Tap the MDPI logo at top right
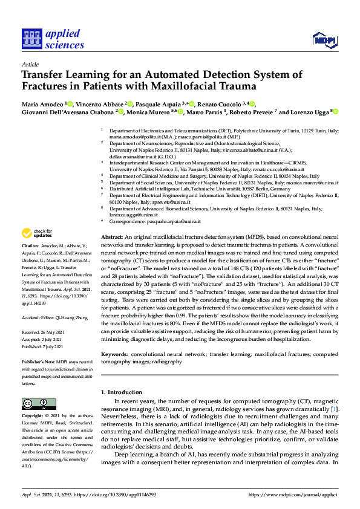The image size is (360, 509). pyautogui.click(x=324, y=40)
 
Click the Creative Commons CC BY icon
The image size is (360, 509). pyautogui.click(x=35, y=403)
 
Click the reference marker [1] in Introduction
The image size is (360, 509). pyautogui.click(x=334, y=410)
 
